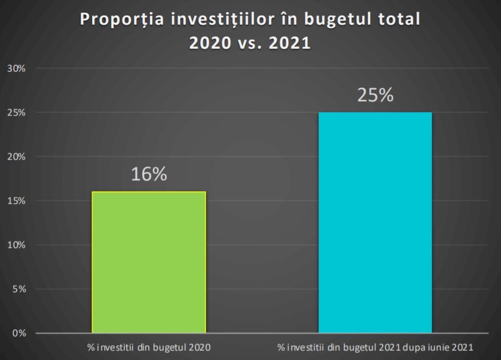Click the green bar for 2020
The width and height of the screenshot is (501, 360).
click(x=149, y=262)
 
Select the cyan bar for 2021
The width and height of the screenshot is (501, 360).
click(x=375, y=222)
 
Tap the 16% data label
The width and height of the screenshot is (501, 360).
click(x=149, y=175)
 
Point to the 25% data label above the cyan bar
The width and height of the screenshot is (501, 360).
click(x=375, y=95)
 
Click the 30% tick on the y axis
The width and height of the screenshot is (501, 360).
click(x=16, y=68)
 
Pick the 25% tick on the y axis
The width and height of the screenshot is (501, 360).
click(x=16, y=113)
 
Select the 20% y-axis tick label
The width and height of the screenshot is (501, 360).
click(x=16, y=157)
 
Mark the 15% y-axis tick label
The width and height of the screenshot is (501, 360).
click(x=16, y=201)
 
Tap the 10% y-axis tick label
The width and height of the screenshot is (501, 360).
click(x=16, y=245)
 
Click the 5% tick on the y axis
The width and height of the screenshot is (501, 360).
click(x=18, y=289)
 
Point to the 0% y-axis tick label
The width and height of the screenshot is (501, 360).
click(x=18, y=333)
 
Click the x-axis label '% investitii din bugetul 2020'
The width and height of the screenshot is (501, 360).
click(x=149, y=347)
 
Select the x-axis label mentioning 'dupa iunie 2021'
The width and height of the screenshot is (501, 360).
click(x=375, y=347)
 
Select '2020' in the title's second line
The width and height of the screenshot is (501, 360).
click(x=210, y=43)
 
